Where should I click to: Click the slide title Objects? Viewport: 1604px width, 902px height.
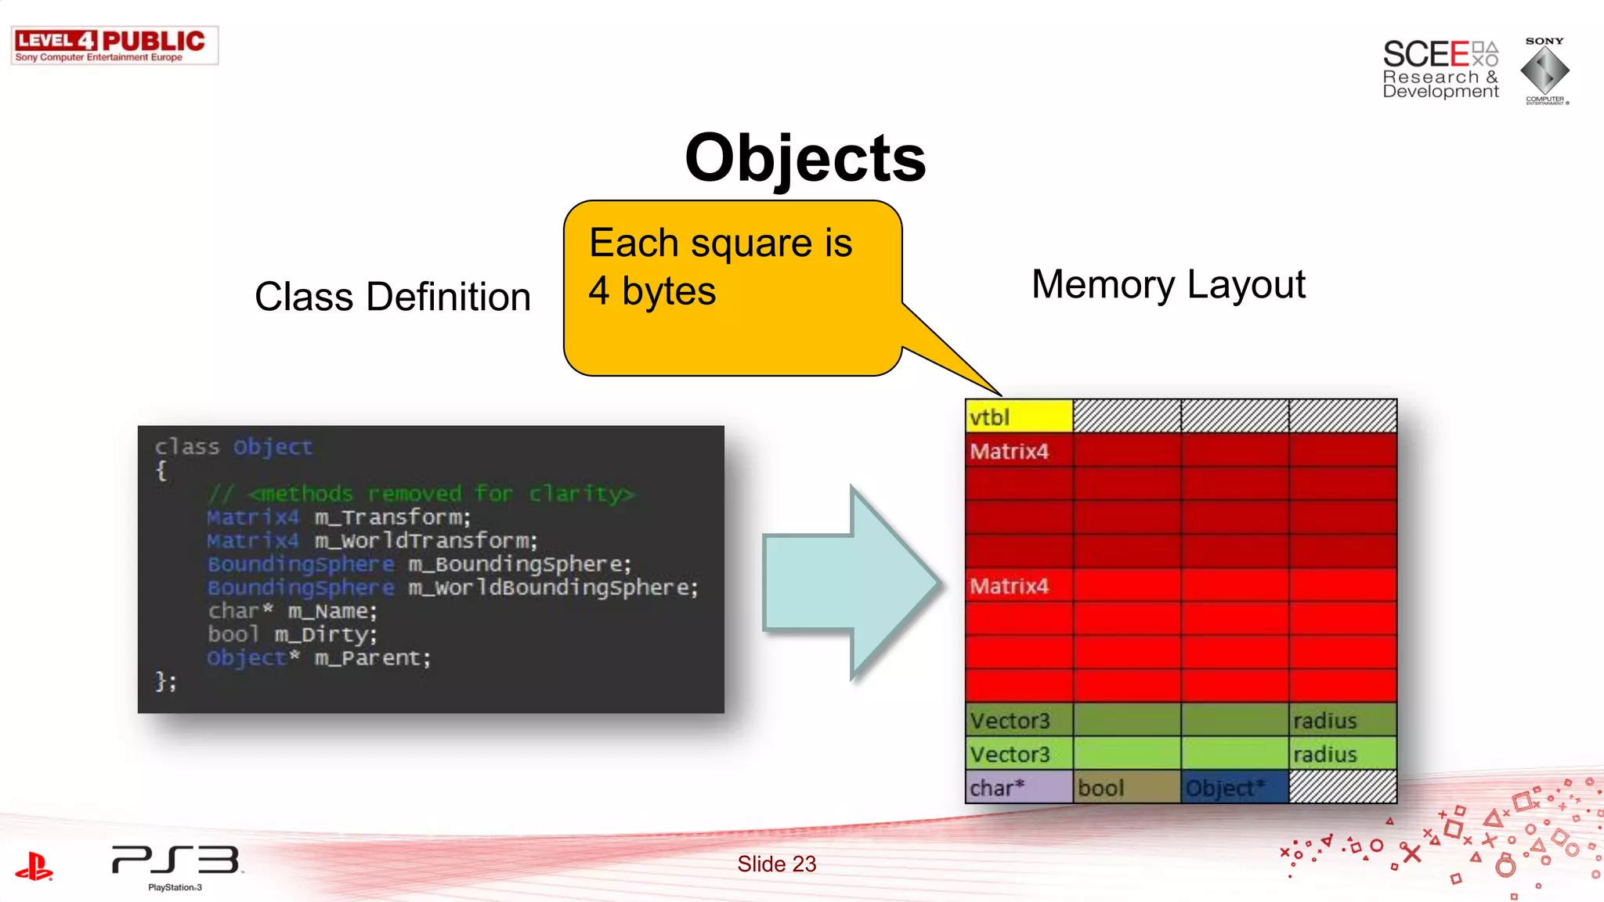click(805, 158)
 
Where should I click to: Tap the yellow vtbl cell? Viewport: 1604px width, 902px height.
click(1018, 417)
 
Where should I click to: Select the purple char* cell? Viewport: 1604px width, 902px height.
click(1018, 788)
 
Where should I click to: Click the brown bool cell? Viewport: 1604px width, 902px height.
click(1126, 788)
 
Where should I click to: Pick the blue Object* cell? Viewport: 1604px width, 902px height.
click(1234, 788)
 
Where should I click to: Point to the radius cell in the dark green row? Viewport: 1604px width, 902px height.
click(1342, 720)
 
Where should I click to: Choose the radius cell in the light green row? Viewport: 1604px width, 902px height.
click(1342, 754)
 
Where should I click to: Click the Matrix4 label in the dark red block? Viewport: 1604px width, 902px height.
click(1010, 452)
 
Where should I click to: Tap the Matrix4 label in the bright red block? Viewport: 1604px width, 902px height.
click(1010, 586)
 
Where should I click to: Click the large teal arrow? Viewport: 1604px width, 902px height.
click(850, 583)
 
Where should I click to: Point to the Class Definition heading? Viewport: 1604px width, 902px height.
click(392, 298)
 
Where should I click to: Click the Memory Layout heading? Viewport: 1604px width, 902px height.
click(1168, 284)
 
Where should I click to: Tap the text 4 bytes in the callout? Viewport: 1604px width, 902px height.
click(652, 291)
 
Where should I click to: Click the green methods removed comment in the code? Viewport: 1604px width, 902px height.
click(421, 494)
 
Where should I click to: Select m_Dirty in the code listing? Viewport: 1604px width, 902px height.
click(326, 635)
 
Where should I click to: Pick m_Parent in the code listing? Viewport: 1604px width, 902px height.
click(373, 658)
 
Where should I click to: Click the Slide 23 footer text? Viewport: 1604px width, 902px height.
click(776, 864)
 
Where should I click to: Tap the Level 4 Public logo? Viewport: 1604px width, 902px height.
click(114, 45)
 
